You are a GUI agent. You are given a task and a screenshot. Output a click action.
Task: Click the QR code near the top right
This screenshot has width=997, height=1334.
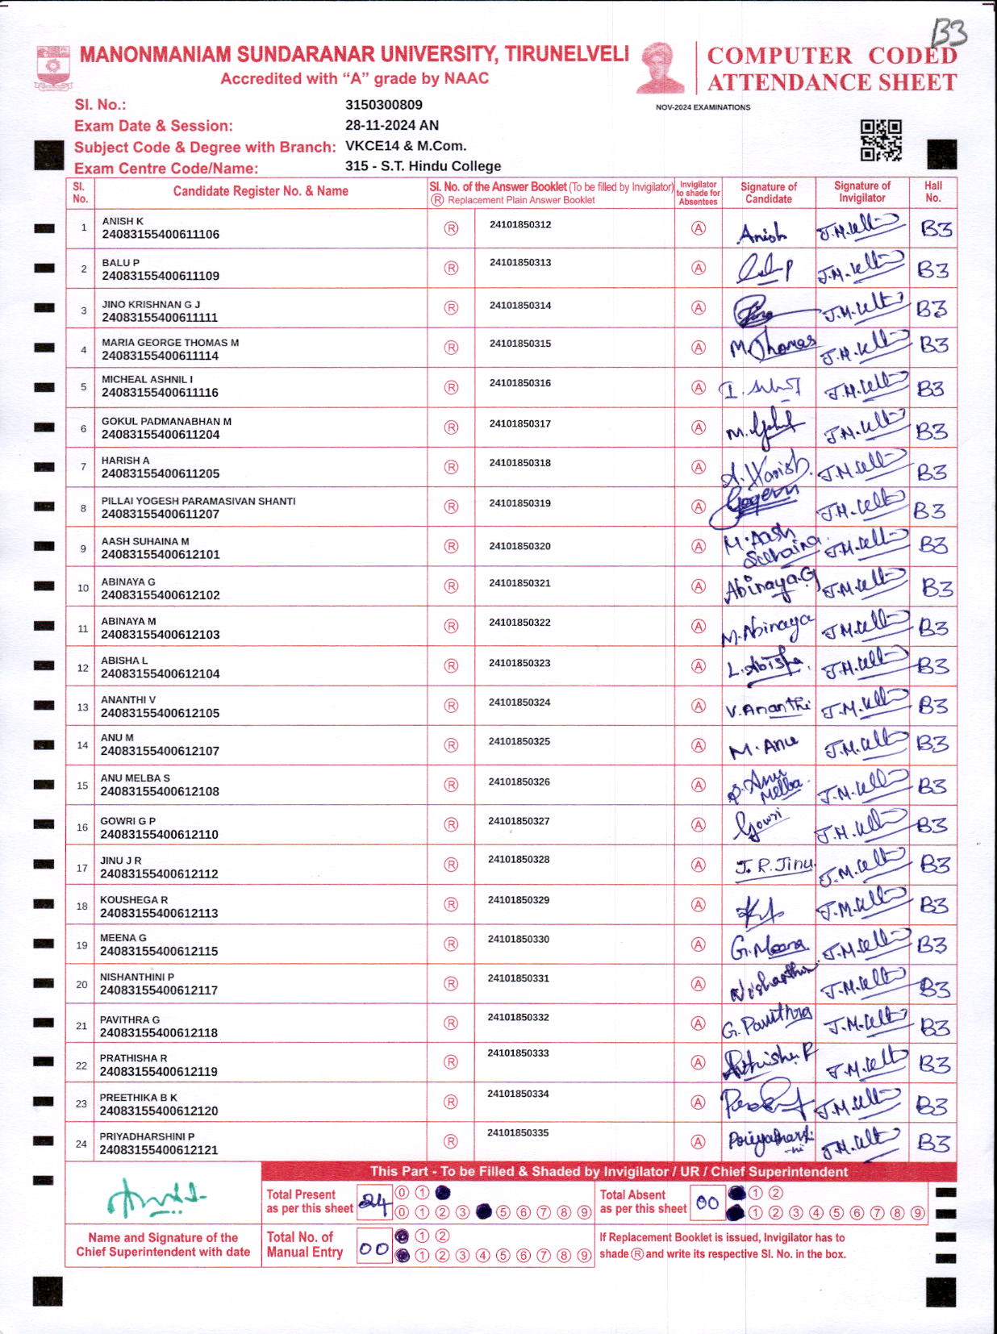coord(880,140)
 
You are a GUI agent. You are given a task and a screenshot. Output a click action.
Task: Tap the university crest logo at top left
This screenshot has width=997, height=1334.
coord(53,68)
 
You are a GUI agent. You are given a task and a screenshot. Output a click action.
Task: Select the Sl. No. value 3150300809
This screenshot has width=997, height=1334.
coord(383,105)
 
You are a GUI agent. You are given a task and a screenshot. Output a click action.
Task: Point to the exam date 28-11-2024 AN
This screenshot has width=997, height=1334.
coord(392,125)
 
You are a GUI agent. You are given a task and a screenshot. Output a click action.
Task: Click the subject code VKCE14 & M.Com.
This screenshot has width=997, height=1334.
coord(406,146)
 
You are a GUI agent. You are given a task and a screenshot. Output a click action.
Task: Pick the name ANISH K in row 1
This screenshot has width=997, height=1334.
coord(123,221)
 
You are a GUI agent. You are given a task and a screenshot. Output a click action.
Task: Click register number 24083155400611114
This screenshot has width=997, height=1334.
coord(160,356)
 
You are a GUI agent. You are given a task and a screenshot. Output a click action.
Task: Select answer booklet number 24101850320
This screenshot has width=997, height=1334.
coord(519,546)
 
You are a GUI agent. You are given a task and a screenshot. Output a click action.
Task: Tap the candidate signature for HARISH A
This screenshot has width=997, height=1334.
coord(766,467)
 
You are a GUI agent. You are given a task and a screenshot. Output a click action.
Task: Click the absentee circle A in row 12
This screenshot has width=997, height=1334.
coord(699,666)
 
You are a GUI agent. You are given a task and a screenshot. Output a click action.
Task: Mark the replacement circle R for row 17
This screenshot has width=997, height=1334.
coord(451,865)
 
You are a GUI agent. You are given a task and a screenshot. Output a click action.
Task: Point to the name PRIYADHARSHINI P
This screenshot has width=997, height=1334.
coord(147,1136)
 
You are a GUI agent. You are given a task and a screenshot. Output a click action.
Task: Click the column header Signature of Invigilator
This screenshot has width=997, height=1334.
coord(861,192)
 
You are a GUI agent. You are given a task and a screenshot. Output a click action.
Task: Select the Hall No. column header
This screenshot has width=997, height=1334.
coord(933,192)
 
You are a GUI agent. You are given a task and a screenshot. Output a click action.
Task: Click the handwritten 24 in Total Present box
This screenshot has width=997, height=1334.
coord(374,1203)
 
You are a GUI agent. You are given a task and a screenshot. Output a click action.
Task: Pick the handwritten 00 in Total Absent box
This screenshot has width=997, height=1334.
coord(707,1203)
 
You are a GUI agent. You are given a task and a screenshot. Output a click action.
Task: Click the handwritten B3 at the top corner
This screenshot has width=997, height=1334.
coord(949,34)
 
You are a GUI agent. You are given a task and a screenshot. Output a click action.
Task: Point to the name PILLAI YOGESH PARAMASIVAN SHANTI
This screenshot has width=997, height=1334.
coord(198,501)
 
